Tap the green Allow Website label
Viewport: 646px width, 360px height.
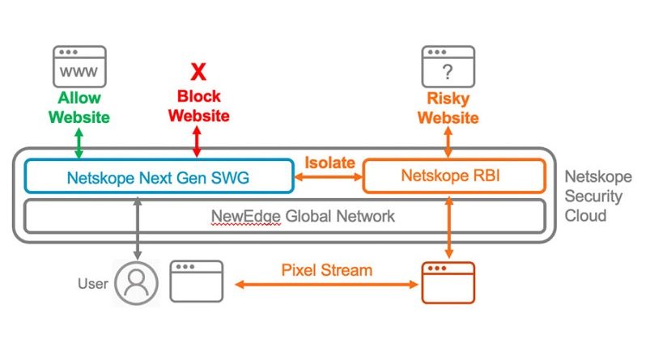point(79,107)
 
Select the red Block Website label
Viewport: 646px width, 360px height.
point(198,106)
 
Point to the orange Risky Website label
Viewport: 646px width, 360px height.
point(448,107)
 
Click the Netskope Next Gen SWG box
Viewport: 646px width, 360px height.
point(159,176)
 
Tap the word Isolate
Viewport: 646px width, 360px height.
point(329,163)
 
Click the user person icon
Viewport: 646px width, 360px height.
point(136,283)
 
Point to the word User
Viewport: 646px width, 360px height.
point(92,284)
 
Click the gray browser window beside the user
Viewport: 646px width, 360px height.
point(197,282)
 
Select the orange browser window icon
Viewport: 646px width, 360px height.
point(448,282)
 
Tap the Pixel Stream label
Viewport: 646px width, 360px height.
point(327,269)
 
